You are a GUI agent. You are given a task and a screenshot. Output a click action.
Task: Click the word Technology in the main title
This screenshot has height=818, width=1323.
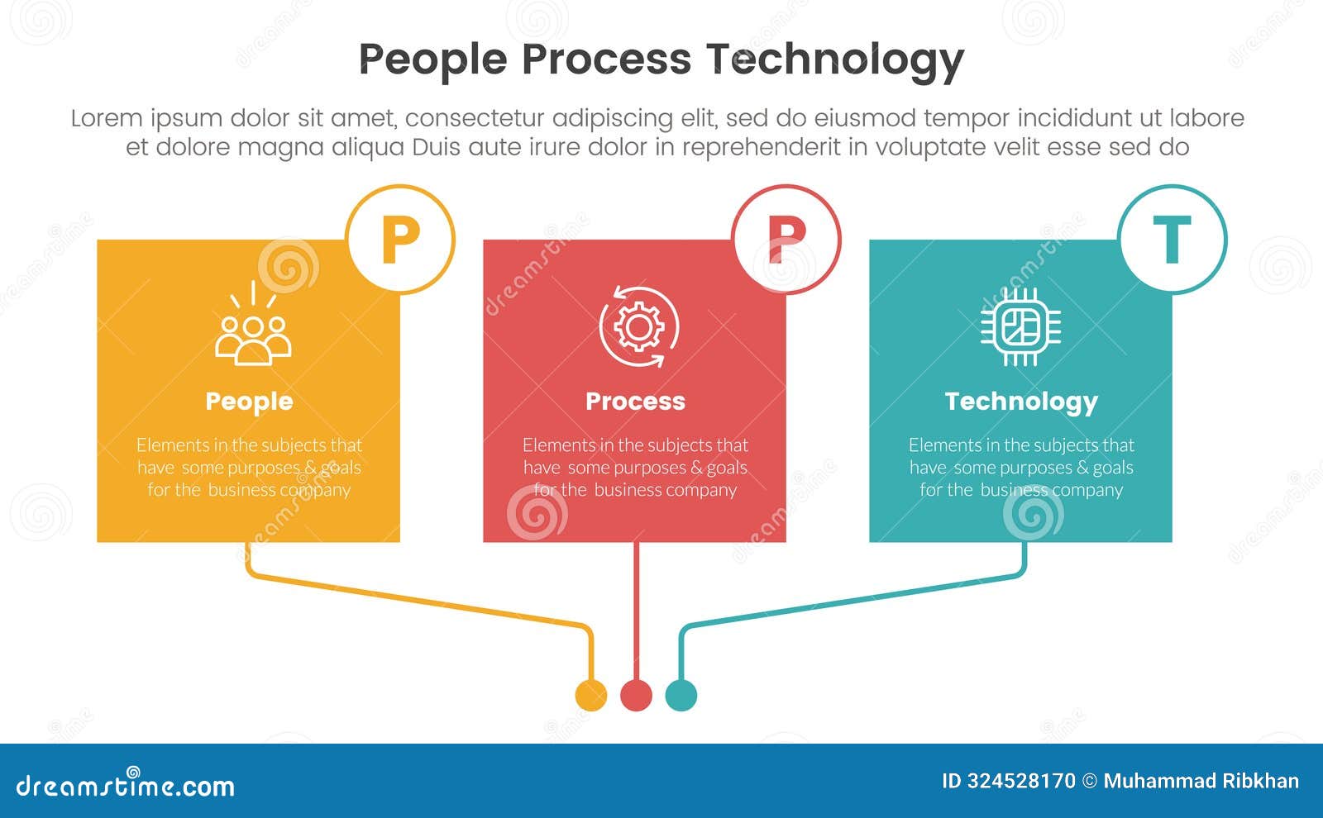click(x=834, y=59)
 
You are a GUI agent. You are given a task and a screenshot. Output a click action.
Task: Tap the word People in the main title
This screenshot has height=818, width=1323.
click(x=432, y=59)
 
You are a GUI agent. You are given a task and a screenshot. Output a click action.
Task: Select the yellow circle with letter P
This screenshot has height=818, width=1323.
click(x=400, y=239)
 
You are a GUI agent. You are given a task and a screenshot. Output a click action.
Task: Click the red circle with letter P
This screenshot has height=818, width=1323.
click(x=786, y=239)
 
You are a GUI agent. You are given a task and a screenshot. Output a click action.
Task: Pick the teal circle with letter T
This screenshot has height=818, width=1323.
click(x=1172, y=239)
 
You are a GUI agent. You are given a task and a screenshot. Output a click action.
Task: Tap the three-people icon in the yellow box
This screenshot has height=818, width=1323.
click(x=252, y=331)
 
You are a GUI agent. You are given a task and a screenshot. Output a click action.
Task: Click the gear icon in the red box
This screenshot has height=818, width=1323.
click(x=638, y=327)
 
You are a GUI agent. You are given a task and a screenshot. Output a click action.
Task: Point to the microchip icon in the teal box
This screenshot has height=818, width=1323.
click(x=1021, y=327)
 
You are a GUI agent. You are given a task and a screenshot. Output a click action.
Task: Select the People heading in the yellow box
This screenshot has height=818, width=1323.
click(x=249, y=402)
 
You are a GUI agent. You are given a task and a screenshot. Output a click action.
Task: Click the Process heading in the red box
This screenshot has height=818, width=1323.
click(x=635, y=402)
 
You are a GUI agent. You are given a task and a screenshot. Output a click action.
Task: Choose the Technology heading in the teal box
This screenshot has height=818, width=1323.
click(x=1021, y=402)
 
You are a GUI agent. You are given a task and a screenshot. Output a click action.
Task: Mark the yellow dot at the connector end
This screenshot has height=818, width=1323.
click(x=590, y=695)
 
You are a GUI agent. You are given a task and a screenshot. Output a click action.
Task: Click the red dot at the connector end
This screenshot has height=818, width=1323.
click(x=636, y=695)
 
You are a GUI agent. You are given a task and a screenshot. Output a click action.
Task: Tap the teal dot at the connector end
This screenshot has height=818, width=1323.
click(x=681, y=695)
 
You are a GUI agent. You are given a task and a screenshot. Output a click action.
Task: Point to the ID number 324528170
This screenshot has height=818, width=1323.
click(x=1021, y=781)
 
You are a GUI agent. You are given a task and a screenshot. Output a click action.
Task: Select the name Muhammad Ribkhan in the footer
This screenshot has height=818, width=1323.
click(x=1201, y=781)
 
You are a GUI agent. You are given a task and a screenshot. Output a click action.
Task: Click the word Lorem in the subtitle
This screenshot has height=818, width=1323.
click(x=107, y=118)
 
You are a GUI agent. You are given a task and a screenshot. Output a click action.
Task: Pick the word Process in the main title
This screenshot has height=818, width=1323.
click(x=606, y=59)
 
